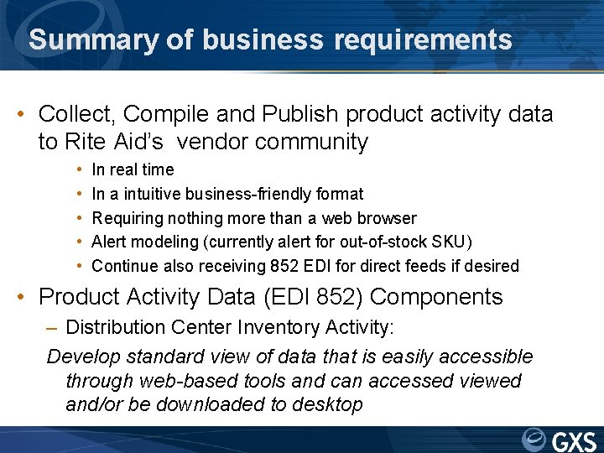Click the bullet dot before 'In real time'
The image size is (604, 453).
(78, 170)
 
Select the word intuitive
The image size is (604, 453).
(155, 194)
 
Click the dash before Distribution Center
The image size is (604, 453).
(55, 326)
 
